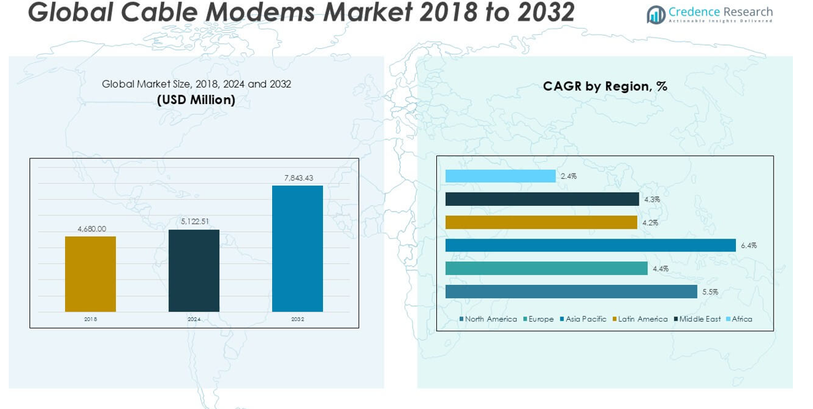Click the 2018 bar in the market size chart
coord(90,274)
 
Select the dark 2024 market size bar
coord(194,270)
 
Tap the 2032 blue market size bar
coord(297,248)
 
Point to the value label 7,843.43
coord(298,178)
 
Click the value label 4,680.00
coord(92,229)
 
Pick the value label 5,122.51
coord(195,221)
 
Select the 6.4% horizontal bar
coord(590,245)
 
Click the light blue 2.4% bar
coord(500,176)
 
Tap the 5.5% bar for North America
coord(571,292)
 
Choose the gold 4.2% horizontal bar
coord(541,222)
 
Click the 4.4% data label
coord(660,269)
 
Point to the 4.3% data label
coord(651,199)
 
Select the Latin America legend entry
coord(639,319)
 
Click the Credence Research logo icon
coord(655,14)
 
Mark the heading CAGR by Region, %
coord(605,86)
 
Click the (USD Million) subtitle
coord(196,100)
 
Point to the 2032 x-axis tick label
coord(298,319)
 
